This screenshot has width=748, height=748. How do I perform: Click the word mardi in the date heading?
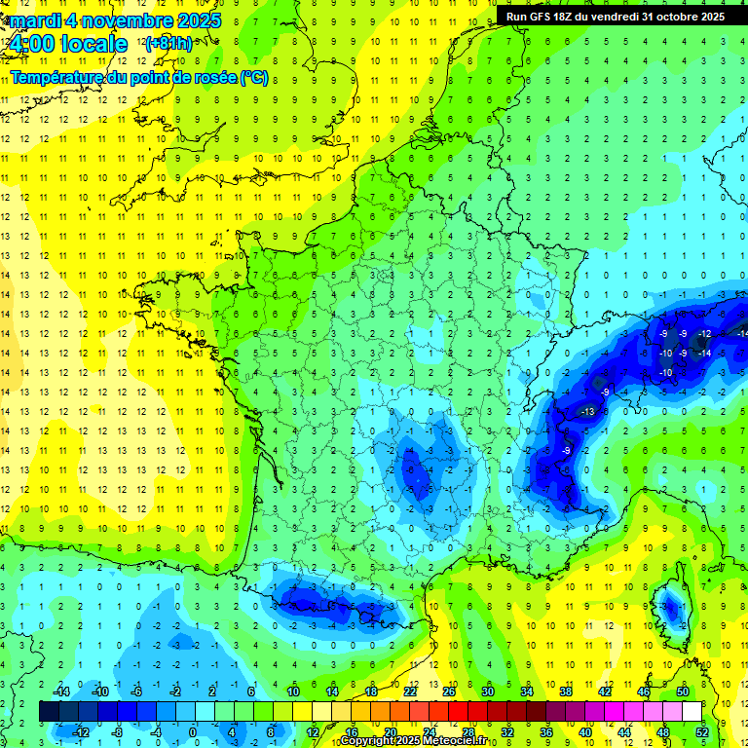click(x=36, y=20)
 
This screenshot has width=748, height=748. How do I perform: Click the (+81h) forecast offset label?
click(x=168, y=44)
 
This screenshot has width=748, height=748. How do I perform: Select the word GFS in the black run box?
click(x=542, y=17)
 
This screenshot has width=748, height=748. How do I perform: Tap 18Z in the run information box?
click(x=568, y=17)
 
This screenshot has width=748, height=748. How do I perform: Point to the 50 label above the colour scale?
click(x=683, y=692)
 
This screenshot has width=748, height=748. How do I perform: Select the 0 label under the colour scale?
click(x=192, y=732)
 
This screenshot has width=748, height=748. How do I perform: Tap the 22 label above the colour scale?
click(x=410, y=692)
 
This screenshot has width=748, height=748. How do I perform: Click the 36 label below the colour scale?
click(x=546, y=732)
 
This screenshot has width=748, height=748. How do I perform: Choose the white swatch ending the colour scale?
click(x=692, y=712)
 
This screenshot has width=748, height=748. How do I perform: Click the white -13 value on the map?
click(x=587, y=412)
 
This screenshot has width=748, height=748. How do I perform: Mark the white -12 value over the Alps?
click(x=704, y=334)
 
